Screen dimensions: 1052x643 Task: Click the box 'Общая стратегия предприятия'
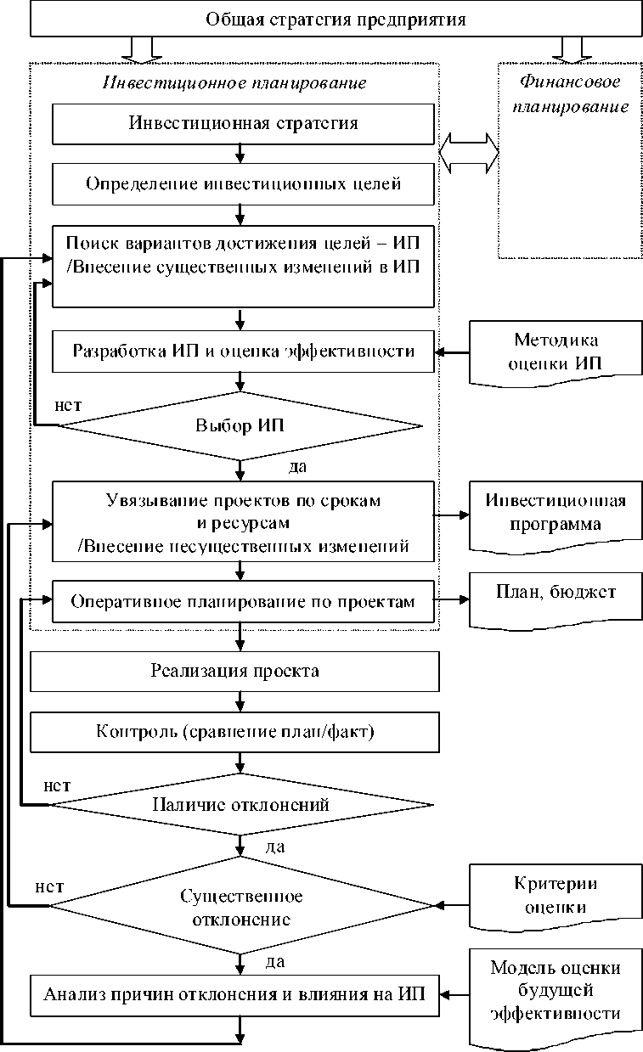[x=336, y=19]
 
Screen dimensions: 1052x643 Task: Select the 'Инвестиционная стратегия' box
[x=243, y=123]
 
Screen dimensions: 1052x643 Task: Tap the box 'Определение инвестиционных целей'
[x=243, y=183]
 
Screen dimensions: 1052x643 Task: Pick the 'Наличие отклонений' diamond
[x=240, y=803]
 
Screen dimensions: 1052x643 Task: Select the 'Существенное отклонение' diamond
[x=241, y=908]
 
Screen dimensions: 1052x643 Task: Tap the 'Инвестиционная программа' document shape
[x=556, y=513]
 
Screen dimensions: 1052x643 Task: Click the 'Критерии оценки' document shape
[x=556, y=896]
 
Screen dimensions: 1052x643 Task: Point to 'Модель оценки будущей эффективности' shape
[x=556, y=991]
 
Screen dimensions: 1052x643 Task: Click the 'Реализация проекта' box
[x=235, y=672]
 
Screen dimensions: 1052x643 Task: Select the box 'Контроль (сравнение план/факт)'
[x=235, y=731]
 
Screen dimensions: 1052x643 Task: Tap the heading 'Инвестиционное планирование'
[x=234, y=83]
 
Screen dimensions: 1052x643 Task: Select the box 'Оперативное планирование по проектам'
[x=243, y=602]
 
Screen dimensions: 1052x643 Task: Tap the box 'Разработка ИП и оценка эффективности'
[x=243, y=352]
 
